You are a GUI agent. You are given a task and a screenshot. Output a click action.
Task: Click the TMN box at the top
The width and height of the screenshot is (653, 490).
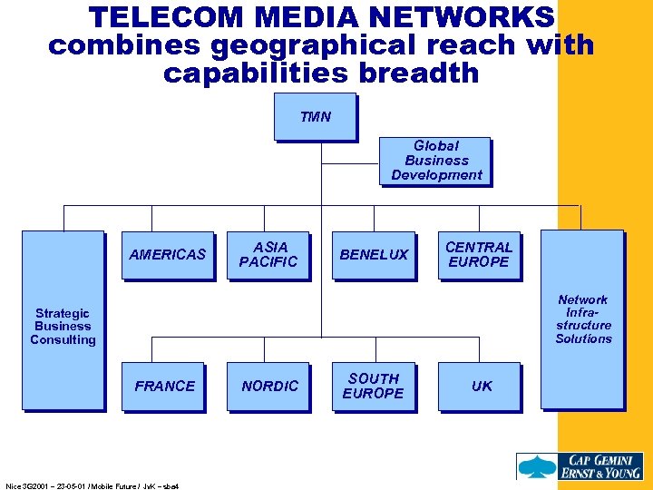tap(315, 116)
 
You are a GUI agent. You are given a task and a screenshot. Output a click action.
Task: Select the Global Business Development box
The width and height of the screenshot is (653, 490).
tap(435, 161)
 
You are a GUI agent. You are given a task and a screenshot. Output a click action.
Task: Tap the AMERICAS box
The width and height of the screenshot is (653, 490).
tap(168, 254)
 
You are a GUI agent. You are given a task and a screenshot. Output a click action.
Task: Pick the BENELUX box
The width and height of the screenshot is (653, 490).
tap(374, 254)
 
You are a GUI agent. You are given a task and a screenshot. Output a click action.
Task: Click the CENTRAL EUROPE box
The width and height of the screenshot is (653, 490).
tap(478, 254)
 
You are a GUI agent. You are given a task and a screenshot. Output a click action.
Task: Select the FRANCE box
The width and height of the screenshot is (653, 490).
tap(165, 386)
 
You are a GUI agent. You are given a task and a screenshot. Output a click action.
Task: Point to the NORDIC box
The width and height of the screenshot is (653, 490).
tap(269, 386)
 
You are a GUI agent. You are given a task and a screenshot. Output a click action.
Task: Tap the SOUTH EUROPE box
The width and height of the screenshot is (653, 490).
tap(374, 386)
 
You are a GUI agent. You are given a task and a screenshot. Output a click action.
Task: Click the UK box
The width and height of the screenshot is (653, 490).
tap(482, 386)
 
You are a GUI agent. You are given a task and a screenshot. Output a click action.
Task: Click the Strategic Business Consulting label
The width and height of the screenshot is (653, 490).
tap(63, 327)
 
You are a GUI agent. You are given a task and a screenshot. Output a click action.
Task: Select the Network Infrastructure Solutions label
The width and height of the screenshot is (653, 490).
tap(583, 319)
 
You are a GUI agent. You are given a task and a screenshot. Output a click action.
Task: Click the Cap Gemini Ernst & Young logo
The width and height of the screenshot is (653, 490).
tap(580, 465)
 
